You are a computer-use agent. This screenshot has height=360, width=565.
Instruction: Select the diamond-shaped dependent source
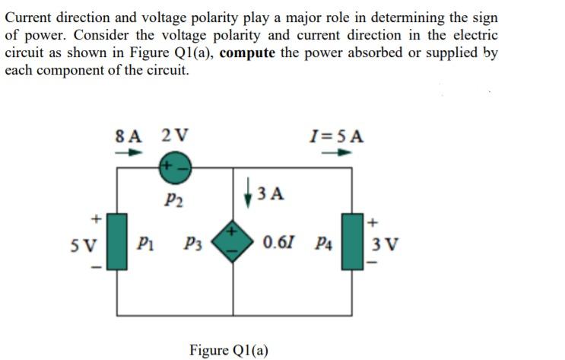coord(233,245)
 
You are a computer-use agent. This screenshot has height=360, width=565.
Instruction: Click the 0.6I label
coord(279,245)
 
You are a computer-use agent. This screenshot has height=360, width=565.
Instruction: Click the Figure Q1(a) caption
coord(229,349)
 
